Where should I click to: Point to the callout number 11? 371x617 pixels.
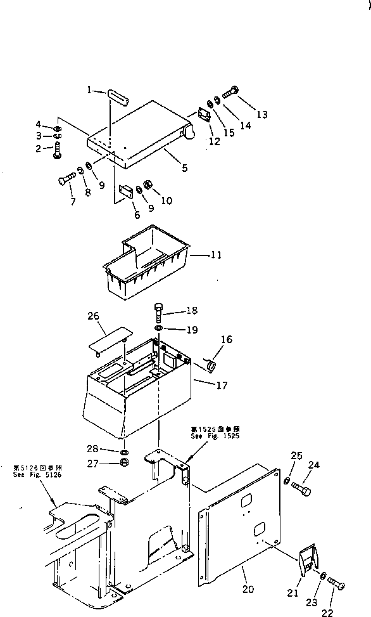(x=216, y=256)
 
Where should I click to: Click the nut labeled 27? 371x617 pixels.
(x=125, y=462)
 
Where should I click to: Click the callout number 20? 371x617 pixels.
(x=248, y=589)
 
